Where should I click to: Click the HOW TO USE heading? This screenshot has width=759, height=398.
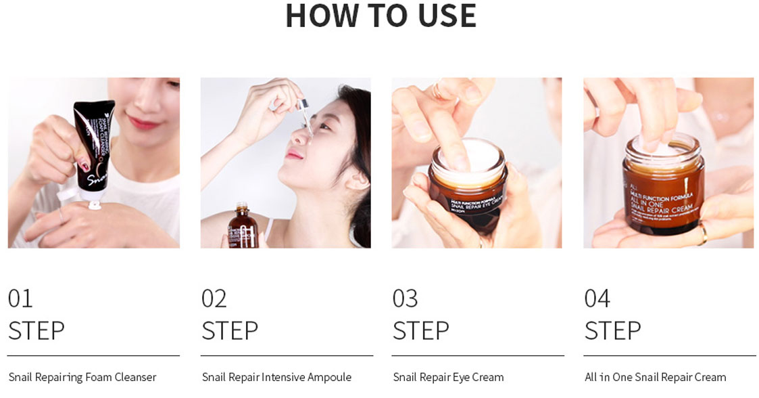pos(381,16)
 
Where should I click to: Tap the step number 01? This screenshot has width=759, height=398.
pos(20,298)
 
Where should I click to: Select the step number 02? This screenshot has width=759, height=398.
pos(214,298)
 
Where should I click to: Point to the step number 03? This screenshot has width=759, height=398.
pos(405,298)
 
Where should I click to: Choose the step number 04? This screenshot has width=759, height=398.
pos(597,298)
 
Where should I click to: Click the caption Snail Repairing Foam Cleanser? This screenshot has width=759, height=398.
pos(82,377)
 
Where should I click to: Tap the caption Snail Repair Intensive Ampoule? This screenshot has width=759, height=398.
pos(276,377)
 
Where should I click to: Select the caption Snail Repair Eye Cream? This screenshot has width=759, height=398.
pos(448,377)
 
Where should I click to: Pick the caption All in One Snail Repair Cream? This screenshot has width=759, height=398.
pos(655,377)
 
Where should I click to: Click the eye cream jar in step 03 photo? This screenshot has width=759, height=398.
pos(468,186)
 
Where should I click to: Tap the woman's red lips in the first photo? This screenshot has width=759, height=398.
pos(143,123)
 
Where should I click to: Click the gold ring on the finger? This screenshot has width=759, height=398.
pos(703,234)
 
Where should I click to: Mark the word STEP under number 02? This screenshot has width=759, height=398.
pos(229,331)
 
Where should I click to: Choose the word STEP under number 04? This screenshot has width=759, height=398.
pos(612,331)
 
